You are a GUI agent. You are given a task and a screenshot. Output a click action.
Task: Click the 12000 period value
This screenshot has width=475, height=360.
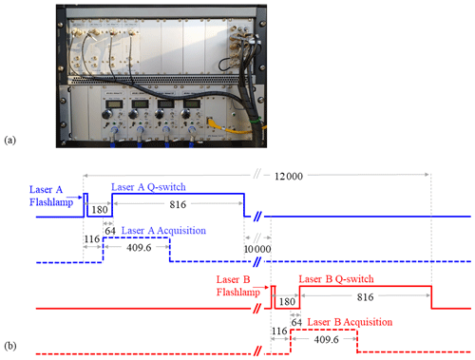[x=289, y=176]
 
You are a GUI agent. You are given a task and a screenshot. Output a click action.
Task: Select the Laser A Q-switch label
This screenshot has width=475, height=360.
[x=148, y=187]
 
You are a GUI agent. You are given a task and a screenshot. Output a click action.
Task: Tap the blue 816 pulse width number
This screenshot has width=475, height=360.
[x=178, y=204]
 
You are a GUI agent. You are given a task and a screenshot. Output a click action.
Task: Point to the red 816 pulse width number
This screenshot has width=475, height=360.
[x=365, y=297]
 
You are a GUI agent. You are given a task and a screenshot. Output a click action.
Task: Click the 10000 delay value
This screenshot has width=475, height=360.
[x=257, y=249]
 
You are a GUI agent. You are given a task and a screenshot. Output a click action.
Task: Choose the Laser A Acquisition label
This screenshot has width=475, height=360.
[x=163, y=231]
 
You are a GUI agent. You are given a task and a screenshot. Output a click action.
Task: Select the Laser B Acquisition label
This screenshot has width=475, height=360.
[x=350, y=322]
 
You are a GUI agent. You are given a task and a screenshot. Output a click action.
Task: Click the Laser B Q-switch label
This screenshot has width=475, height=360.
[x=336, y=279]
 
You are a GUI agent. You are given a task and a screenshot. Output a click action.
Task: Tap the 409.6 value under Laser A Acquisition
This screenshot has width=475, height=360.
[x=139, y=247]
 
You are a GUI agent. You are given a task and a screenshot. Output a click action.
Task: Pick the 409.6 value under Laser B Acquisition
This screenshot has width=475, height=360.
[x=326, y=339]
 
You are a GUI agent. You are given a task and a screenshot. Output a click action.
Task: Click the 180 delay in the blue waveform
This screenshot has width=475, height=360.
[x=100, y=210]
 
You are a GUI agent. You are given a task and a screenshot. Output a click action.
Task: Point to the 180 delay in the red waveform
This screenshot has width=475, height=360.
[x=287, y=301]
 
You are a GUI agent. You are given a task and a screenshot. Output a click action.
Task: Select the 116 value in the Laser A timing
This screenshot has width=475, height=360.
[x=92, y=238]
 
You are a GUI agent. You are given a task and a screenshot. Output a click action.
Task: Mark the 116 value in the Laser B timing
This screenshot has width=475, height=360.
[x=279, y=331]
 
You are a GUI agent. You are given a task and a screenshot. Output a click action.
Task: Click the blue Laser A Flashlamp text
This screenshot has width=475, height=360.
[x=51, y=196]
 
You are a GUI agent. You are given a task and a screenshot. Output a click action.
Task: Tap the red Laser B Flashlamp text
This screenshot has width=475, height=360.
[x=238, y=286]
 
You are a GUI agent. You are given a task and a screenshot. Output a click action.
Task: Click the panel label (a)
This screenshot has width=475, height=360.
[x=9, y=140]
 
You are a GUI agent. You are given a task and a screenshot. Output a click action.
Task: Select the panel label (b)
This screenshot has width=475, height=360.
[x=9, y=346]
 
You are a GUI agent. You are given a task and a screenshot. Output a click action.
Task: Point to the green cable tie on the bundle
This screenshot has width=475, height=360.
[x=255, y=120]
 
